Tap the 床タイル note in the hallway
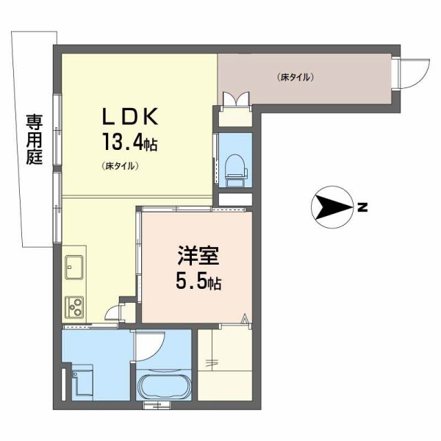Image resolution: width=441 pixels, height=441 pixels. click(296, 76)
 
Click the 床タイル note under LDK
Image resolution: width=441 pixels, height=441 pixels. click(121, 166)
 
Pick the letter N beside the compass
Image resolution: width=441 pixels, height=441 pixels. click(362, 208)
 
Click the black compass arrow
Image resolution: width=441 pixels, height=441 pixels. click(331, 207)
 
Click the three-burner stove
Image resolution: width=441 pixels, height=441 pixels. click(75, 304)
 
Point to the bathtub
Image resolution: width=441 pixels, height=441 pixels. click(163, 385)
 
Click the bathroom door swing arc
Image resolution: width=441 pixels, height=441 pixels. click(151, 346)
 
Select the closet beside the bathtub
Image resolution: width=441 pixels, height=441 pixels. click(224, 364)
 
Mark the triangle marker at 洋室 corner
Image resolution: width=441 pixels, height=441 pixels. click(245, 318)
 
